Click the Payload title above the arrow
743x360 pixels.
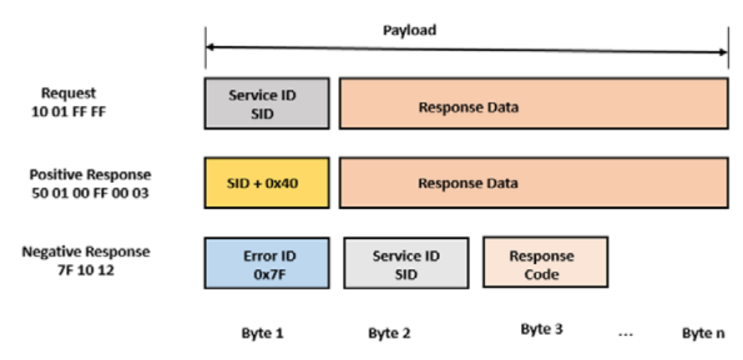[x=410, y=30]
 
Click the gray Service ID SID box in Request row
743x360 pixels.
[x=266, y=103]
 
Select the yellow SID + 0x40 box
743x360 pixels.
[x=266, y=183]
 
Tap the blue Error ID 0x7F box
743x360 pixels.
[x=266, y=263]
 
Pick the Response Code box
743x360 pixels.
[x=545, y=264]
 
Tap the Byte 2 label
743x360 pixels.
[x=389, y=332]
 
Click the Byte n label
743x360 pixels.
[x=704, y=332]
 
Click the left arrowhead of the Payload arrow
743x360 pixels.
[x=209, y=51]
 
